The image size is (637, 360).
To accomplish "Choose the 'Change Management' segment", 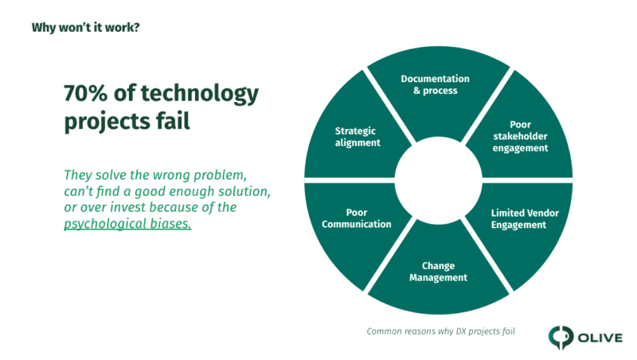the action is pyautogui.click(x=439, y=272).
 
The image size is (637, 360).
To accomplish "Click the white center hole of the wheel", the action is pyautogui.click(x=439, y=180).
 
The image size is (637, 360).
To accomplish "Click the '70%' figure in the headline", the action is pyautogui.click(x=85, y=93).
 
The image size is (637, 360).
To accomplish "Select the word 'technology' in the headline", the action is pyautogui.click(x=200, y=95).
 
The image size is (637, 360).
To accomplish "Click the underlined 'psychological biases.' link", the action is pyautogui.click(x=127, y=224).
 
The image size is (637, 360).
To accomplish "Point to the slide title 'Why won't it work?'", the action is pyautogui.click(x=86, y=28).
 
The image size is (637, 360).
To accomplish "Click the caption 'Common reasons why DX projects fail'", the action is pyautogui.click(x=441, y=331).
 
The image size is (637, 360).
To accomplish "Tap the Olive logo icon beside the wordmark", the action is pyautogui.click(x=561, y=337).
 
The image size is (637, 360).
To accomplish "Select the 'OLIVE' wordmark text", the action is pyautogui.click(x=600, y=338).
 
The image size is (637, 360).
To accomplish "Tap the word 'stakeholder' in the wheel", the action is pyautogui.click(x=521, y=136).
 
